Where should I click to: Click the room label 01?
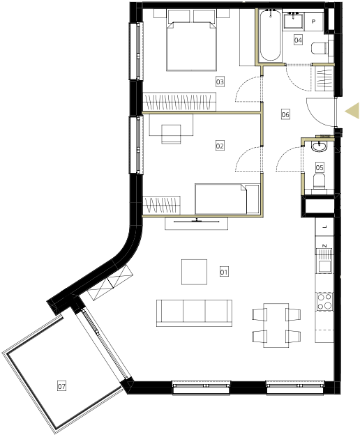point(224,272)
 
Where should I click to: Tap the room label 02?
point(220,146)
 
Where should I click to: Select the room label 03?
point(220,82)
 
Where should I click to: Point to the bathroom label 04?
point(298,40)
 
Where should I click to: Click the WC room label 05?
point(320,167)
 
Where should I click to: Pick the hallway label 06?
point(285,114)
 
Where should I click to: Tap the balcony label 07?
point(61,386)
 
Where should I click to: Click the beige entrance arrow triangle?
point(352,111)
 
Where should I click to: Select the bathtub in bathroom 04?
point(270,36)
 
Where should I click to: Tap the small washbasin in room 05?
point(318,146)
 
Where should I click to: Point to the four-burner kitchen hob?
point(324,302)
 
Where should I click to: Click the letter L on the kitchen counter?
point(324,227)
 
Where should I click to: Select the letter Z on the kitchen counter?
point(324,246)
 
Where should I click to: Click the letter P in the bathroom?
point(313,21)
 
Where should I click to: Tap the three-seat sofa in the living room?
point(194,313)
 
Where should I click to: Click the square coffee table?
point(194,272)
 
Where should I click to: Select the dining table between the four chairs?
point(276,325)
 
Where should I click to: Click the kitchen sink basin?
point(324,266)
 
